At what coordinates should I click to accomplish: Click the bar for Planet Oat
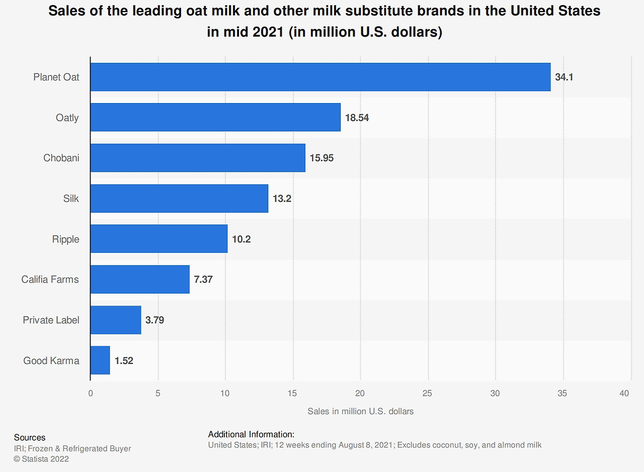[x=320, y=77]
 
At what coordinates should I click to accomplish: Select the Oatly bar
[x=215, y=117]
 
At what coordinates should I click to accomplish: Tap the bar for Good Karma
[x=100, y=360]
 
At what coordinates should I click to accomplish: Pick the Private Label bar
[x=116, y=320]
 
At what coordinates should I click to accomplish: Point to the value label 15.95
[x=321, y=158]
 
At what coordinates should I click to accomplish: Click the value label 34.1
[x=564, y=77]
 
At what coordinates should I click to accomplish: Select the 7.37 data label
[x=203, y=279]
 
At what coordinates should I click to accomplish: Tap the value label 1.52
[x=124, y=360]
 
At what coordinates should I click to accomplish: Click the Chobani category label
[x=61, y=158]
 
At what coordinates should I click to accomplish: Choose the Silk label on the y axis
[x=71, y=199]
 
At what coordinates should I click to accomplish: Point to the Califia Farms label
[x=50, y=279]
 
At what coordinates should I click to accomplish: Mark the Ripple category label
[x=65, y=239]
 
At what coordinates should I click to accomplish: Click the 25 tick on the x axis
[x=428, y=393]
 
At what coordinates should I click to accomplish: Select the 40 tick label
[x=625, y=393]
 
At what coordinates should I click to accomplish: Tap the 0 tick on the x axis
[x=91, y=393]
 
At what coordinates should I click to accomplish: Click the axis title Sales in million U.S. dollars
[x=360, y=411]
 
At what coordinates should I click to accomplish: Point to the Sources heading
[x=30, y=437]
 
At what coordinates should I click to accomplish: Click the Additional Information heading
[x=251, y=434]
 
